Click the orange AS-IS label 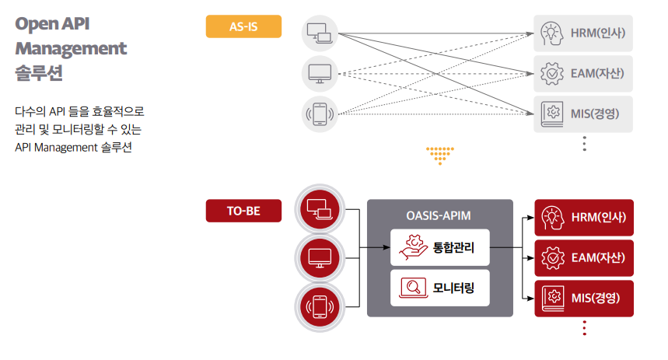click(x=243, y=26)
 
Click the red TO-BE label click(x=243, y=211)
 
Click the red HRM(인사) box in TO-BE click(x=584, y=217)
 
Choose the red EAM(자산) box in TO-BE click(x=584, y=257)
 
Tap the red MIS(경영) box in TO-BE click(x=584, y=298)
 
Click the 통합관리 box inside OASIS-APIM click(x=439, y=249)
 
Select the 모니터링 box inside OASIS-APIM click(x=439, y=289)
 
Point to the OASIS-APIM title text click(x=439, y=215)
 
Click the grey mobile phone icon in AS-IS click(x=320, y=114)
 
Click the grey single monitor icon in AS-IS click(x=320, y=74)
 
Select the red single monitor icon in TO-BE click(x=320, y=258)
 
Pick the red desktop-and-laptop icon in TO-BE click(x=320, y=208)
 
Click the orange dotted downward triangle click(x=439, y=155)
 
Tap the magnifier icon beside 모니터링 click(x=411, y=289)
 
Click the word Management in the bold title click(x=71, y=48)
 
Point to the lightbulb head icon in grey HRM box click(x=551, y=33)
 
